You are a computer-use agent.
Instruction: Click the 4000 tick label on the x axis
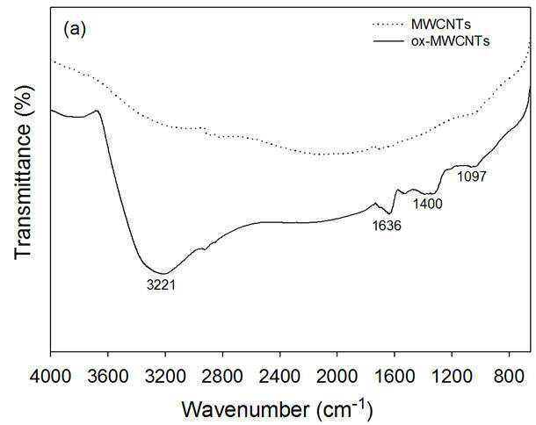click(50, 377)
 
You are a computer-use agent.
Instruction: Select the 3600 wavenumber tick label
click(108, 377)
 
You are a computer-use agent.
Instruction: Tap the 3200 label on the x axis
click(165, 377)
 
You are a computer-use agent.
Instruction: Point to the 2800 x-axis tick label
click(222, 377)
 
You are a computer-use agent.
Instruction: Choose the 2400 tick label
click(280, 377)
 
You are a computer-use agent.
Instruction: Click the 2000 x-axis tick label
click(337, 377)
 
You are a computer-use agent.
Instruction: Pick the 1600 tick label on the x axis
click(395, 377)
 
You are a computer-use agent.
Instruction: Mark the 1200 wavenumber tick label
click(452, 377)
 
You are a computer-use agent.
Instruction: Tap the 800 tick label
click(509, 377)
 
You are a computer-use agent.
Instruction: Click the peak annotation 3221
click(161, 285)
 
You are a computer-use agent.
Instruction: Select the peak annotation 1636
click(387, 226)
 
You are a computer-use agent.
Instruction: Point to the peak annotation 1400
click(428, 204)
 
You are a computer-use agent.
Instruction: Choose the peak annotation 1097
click(472, 176)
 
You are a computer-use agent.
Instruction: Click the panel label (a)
click(74, 29)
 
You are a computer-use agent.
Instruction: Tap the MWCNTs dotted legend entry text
click(441, 25)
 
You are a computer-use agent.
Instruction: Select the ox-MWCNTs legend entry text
click(451, 41)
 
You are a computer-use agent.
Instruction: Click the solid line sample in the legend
click(388, 41)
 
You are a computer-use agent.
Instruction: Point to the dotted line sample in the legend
click(388, 25)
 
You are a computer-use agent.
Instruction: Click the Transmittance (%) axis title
click(25, 172)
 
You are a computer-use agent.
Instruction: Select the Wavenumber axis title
click(277, 409)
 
